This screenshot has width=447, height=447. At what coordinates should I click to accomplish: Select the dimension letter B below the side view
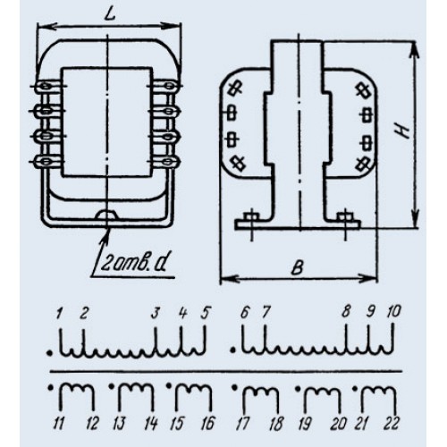pyautogui.click(x=298, y=268)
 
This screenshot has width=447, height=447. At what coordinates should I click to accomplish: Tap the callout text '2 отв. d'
pyautogui.click(x=132, y=263)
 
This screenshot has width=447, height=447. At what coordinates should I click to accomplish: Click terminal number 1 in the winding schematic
pyautogui.click(x=59, y=313)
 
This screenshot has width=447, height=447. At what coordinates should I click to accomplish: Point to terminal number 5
pyautogui.click(x=205, y=313)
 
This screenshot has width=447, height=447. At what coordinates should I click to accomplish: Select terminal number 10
pyautogui.click(x=393, y=312)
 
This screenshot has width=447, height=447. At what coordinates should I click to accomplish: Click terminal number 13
pyautogui.click(x=119, y=424)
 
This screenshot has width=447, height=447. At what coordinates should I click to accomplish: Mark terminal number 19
pyautogui.click(x=304, y=424)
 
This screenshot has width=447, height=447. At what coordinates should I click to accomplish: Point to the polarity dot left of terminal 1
pyautogui.click(x=49, y=353)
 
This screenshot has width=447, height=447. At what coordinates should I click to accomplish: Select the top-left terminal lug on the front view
pyautogui.click(x=46, y=86)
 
